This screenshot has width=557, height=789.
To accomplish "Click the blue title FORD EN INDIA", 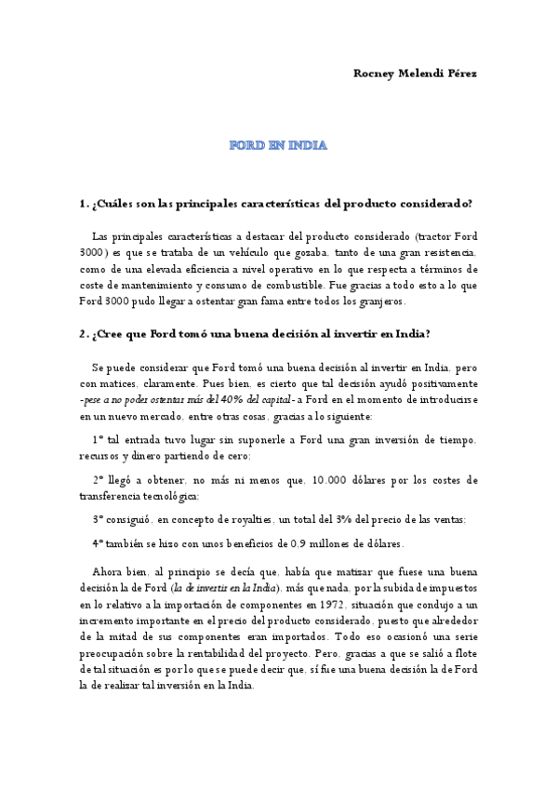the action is pyautogui.click(x=278, y=146).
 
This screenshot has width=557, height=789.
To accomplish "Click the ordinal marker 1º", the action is pyautogui.click(x=99, y=439).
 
